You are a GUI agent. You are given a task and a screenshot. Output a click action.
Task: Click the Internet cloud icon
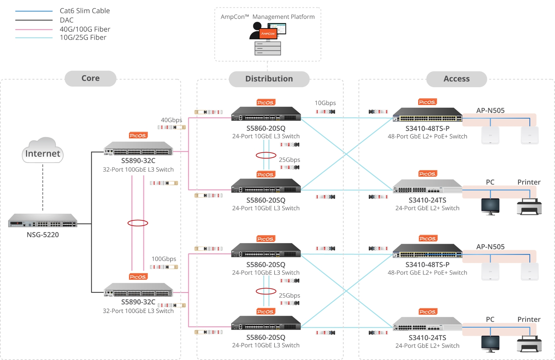coord(43,150)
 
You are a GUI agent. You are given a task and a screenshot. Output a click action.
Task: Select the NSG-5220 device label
coord(43,235)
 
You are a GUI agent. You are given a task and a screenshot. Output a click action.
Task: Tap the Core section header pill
coord(91,78)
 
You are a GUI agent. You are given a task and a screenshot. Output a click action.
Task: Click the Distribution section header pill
coord(269,79)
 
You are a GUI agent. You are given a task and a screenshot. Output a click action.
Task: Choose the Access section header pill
coord(457,79)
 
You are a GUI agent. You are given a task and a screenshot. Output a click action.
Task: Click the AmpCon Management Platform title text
coord(268,17)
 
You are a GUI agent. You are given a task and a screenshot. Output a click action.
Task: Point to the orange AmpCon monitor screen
coord(268,34)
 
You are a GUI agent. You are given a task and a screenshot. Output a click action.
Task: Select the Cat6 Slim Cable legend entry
coord(85,11)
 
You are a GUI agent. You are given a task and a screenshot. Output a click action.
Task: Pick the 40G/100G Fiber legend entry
coord(85,29)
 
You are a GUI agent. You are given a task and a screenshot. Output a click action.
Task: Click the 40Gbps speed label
coord(171,120)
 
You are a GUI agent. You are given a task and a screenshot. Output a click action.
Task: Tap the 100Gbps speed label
coord(164,259)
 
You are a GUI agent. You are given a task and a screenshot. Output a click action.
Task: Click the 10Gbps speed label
coord(325,103)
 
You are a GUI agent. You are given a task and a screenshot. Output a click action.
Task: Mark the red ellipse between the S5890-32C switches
coord(138,223)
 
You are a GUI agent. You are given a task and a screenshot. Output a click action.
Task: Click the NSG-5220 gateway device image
coord(43,221)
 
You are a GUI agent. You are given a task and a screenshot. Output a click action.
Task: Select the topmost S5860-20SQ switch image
coord(266,114)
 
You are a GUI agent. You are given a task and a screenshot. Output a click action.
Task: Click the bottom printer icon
coord(529,343)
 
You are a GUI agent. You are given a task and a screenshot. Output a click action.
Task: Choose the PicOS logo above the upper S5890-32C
coord(138,135)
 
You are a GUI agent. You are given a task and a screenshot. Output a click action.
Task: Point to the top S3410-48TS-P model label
coord(427,128)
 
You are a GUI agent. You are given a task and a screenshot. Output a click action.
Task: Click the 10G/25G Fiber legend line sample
coord(34,38)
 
